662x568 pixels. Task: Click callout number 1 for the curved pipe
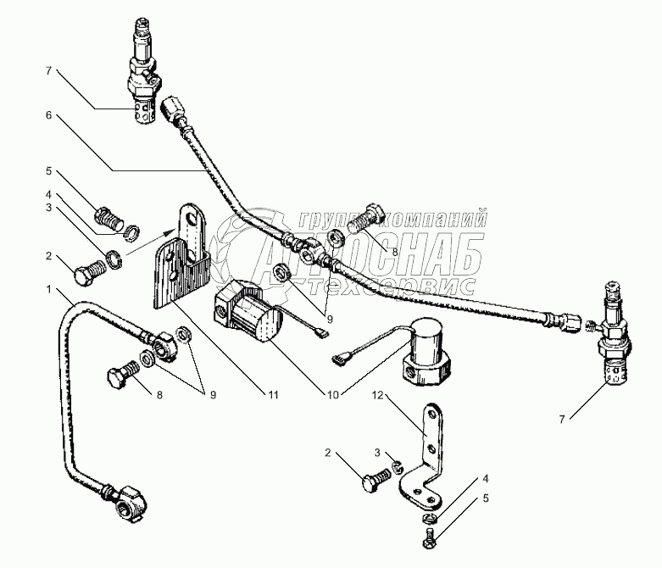pos(51,290)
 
